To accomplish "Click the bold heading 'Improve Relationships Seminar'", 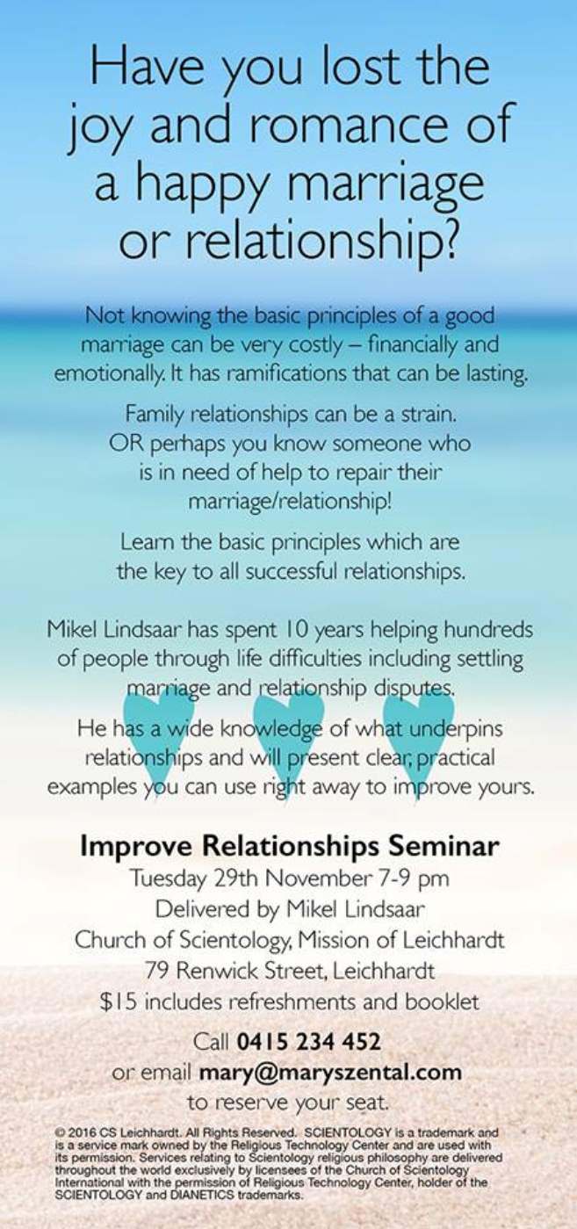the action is click(x=290, y=846).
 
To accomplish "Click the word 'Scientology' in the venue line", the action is click(x=234, y=940).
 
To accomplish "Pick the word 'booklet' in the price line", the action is click(x=442, y=1001).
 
